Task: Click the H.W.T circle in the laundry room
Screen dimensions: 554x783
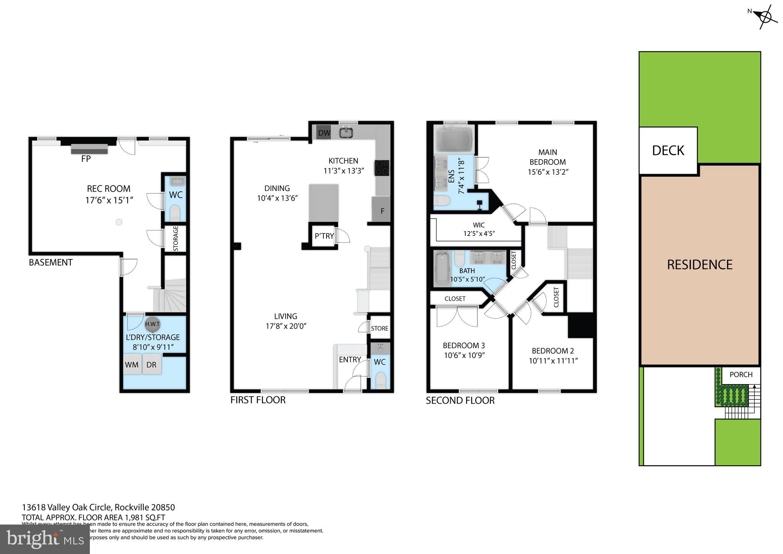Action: pos(152,324)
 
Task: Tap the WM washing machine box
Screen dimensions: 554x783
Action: pos(132,365)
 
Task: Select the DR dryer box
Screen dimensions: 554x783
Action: pos(152,365)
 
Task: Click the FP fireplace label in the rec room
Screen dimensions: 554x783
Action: pos(86,159)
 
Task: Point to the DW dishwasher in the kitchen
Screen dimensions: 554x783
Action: pos(324,133)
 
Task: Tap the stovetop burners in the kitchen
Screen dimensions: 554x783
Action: pos(382,168)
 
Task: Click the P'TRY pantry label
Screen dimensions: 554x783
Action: pos(324,236)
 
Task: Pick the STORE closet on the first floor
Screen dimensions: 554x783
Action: pos(379,328)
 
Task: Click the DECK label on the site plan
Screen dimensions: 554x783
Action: pos(668,151)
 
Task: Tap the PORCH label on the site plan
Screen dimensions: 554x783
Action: pos(741,375)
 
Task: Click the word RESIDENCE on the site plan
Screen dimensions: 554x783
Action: pos(699,265)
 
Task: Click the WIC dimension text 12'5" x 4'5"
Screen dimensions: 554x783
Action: pos(479,233)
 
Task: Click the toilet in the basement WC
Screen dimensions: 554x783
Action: pos(175,212)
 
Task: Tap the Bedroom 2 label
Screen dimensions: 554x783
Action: pos(552,351)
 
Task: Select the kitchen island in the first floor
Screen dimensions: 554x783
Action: pos(323,203)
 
